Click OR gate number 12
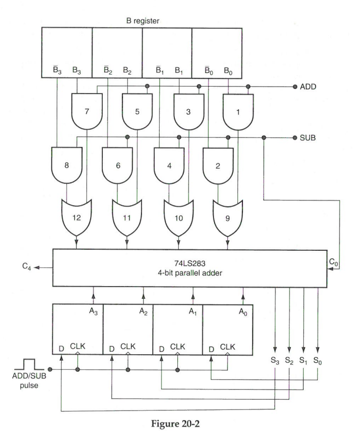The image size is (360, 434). point(76,216)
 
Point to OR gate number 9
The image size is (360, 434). point(227,216)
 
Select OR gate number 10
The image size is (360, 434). point(177,216)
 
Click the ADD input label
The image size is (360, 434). point(309,86)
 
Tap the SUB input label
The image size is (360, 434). point(309,138)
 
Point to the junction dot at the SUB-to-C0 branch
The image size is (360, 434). point(264,138)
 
